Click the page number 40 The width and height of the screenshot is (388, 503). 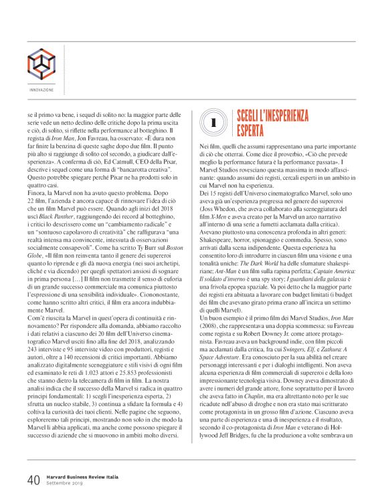pyautogui.click(x=33, y=480)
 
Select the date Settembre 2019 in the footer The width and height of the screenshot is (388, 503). pyautogui.click(x=66, y=484)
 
